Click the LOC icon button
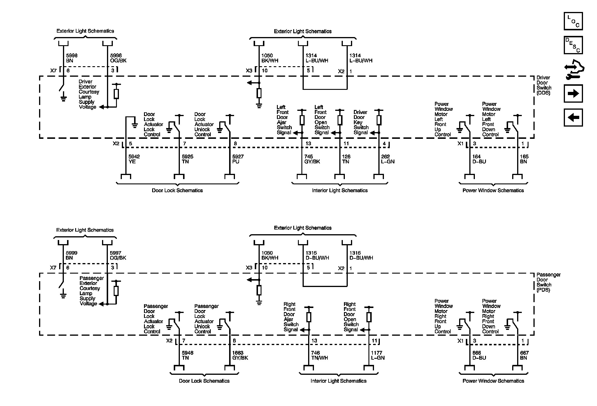[573, 21]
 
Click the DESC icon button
[573, 45]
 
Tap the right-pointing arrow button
[573, 94]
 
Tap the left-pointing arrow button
[573, 118]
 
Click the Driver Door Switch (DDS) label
[544, 85]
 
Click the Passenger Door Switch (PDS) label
[548, 282]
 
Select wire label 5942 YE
[134, 159]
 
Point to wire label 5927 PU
[238, 159]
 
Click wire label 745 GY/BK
[312, 159]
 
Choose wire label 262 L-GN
[388, 159]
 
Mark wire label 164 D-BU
[479, 159]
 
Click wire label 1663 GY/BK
[240, 355]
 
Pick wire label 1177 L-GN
[377, 355]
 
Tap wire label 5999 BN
[71, 255]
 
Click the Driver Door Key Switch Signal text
[361, 123]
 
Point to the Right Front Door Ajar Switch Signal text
[291, 317]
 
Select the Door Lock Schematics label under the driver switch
[177, 190]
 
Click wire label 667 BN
[524, 355]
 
